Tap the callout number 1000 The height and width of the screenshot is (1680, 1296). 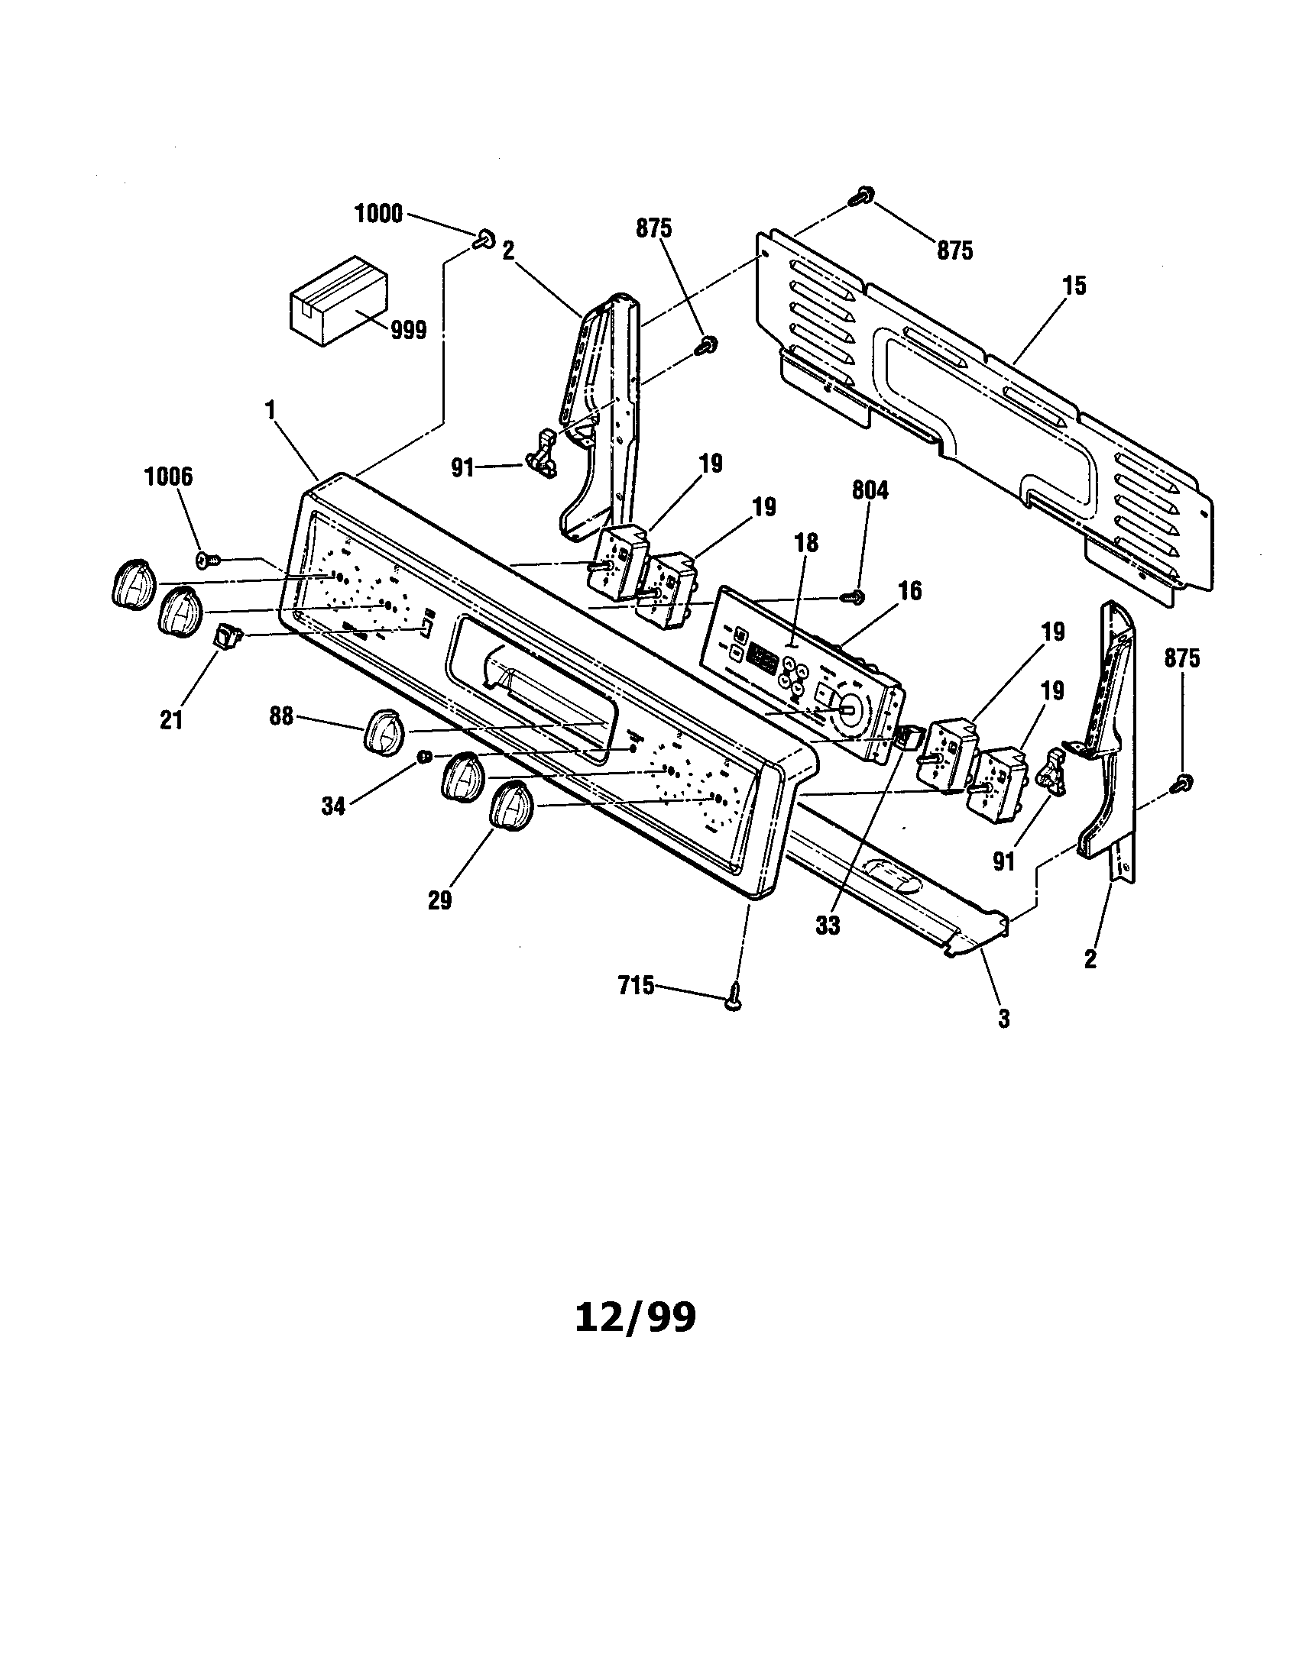point(377,214)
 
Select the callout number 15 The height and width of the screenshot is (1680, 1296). point(1074,286)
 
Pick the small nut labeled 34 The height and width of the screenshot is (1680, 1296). point(423,758)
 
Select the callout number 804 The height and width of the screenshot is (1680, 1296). point(870,490)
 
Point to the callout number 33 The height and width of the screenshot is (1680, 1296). point(828,926)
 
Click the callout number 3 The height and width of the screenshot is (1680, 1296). point(1003,1019)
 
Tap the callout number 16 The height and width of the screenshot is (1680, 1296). point(909,591)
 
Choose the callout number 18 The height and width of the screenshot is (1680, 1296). point(806,542)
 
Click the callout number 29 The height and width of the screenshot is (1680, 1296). point(440,900)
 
